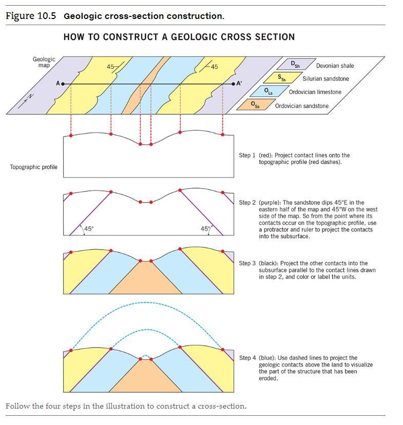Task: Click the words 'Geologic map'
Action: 44,63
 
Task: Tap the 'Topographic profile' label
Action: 34,167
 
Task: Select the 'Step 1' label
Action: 247,155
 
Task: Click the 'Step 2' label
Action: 247,203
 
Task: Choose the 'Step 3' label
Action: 247,263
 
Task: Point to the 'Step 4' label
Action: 247,358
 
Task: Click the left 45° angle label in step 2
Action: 89,229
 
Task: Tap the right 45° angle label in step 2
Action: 205,229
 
